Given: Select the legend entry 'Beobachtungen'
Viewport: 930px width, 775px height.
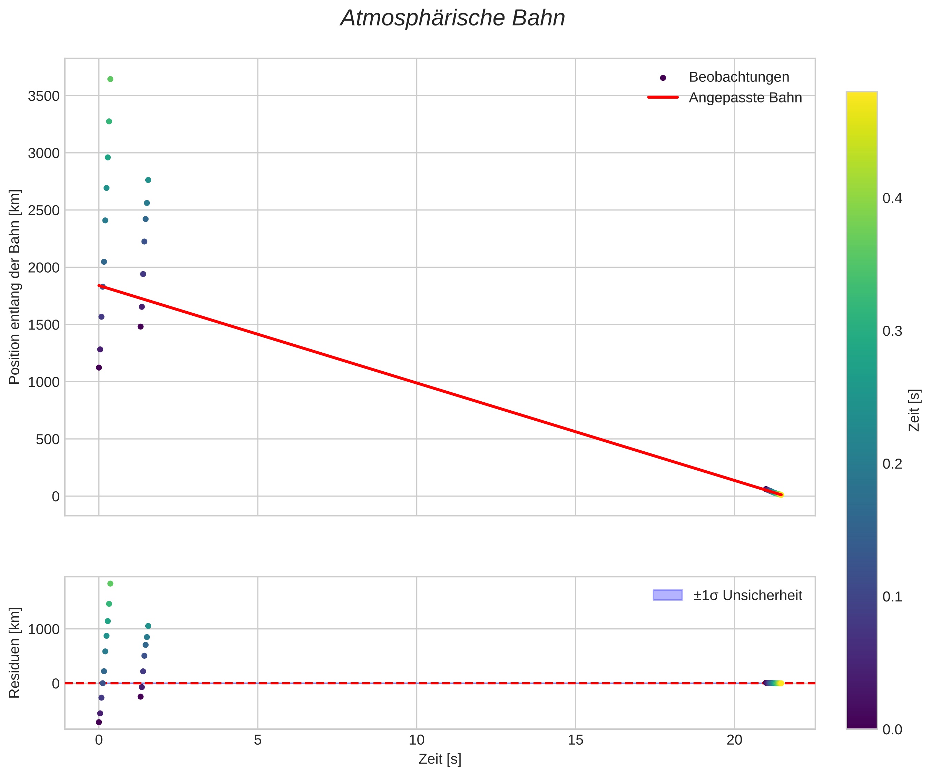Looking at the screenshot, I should click(x=739, y=77).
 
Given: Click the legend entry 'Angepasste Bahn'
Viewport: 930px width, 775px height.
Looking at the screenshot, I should click(x=745, y=97).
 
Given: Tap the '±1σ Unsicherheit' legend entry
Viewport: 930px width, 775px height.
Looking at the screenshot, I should click(x=747, y=595).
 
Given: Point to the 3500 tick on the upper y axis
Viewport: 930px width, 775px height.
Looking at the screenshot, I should click(x=43, y=96).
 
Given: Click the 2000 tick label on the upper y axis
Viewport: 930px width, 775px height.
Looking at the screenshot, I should click(x=43, y=267).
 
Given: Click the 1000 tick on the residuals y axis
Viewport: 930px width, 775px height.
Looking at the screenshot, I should click(x=43, y=629).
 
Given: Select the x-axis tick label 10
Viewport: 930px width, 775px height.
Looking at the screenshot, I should click(x=416, y=740).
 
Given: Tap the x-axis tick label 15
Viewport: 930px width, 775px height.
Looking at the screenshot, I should click(x=575, y=740).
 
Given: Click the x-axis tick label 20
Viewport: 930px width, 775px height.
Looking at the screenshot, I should click(x=734, y=740).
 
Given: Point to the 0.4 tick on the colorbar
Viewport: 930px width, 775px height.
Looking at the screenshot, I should click(x=892, y=198).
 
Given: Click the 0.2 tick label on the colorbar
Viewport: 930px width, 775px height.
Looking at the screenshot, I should click(x=892, y=464).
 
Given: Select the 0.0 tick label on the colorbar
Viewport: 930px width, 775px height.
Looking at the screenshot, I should click(x=892, y=729).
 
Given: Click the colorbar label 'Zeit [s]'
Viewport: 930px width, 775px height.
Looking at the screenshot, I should click(x=914, y=410).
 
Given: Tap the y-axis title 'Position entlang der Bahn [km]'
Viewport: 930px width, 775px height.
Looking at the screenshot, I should click(x=15, y=287).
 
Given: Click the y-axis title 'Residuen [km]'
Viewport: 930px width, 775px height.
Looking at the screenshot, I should click(x=15, y=652).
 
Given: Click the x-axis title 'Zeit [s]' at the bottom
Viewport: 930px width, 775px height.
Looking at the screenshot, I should click(x=440, y=759).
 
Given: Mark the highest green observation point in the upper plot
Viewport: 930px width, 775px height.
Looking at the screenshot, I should click(x=110, y=79).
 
